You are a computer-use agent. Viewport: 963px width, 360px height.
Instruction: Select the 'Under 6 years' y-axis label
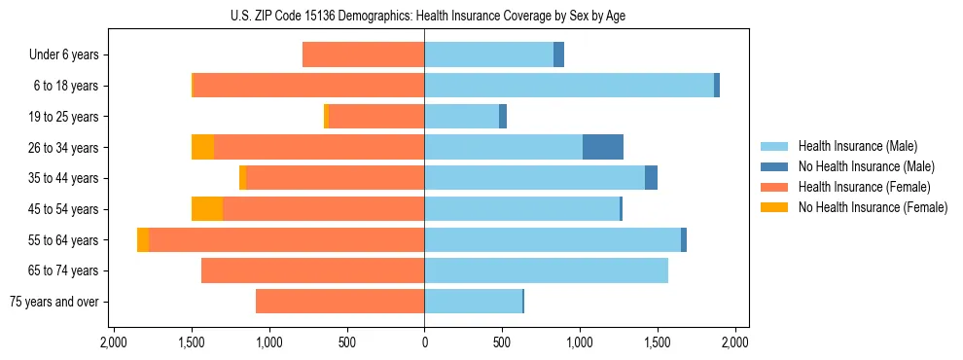[x=63, y=55]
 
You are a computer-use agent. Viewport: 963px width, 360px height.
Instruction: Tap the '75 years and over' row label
[x=55, y=302]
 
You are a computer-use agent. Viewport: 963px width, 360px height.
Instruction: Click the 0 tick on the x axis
[x=424, y=342]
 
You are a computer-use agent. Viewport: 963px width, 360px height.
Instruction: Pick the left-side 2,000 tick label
[x=114, y=342]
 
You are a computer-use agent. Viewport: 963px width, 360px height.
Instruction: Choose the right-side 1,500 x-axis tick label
[x=658, y=342]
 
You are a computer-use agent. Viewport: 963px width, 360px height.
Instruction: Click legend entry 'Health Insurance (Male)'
[x=857, y=146]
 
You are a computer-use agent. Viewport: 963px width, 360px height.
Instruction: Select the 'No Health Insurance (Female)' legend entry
[x=873, y=207]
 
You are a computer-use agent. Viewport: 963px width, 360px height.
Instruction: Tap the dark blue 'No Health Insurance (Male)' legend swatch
[x=775, y=166]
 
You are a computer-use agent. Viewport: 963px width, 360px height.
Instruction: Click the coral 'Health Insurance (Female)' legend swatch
[x=775, y=187]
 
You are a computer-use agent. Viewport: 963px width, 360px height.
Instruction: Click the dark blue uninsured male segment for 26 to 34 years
[x=602, y=147]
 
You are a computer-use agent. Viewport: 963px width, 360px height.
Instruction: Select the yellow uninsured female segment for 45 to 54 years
[x=207, y=209]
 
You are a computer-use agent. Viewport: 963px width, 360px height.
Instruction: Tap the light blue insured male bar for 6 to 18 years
[x=569, y=86]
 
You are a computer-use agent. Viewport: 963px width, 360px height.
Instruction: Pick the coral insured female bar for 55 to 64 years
[x=286, y=240]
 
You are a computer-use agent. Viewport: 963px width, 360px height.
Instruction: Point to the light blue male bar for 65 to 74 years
[x=546, y=270]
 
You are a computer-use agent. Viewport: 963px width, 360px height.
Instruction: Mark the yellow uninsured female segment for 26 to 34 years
[x=202, y=147]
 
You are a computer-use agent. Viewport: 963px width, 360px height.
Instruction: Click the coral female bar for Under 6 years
[x=363, y=54]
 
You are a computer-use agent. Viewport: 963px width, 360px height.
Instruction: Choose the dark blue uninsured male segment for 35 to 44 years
[x=651, y=178]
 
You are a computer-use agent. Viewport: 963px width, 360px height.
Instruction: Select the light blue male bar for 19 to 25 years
[x=461, y=117]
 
